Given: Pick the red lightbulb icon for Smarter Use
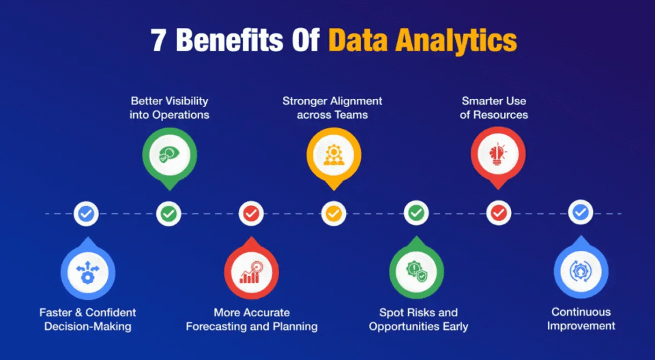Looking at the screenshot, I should [x=498, y=153].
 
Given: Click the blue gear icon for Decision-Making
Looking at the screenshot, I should [x=87, y=271].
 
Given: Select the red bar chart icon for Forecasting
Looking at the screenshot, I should [x=251, y=271].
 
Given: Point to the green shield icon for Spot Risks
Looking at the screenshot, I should [x=416, y=271].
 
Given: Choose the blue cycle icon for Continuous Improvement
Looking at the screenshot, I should [x=581, y=271].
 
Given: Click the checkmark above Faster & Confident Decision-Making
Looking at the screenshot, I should [x=86, y=214].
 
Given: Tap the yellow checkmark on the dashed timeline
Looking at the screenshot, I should [x=333, y=214].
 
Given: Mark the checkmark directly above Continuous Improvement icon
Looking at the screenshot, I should [x=581, y=214].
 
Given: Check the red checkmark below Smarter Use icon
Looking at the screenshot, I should [x=499, y=214].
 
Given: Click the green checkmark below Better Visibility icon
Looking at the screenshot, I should [x=169, y=214].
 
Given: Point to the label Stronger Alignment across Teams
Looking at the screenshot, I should [x=332, y=108].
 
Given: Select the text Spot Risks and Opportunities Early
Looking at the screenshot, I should [x=418, y=319].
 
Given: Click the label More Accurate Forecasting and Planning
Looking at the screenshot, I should [x=252, y=319].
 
